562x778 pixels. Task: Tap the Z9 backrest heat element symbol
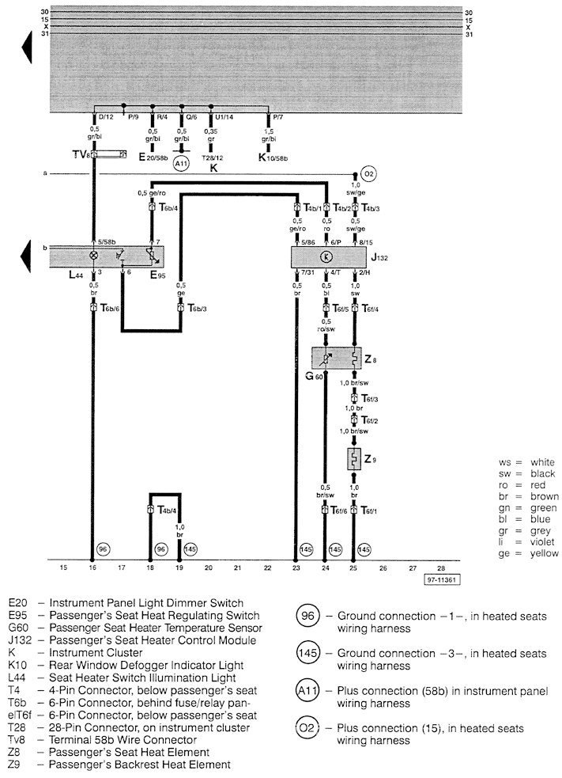[353, 459]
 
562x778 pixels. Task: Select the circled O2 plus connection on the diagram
[368, 174]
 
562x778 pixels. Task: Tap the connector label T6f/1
[371, 511]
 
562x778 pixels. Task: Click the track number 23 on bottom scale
[296, 567]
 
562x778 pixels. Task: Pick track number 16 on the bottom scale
[93, 567]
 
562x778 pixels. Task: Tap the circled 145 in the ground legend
[309, 655]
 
